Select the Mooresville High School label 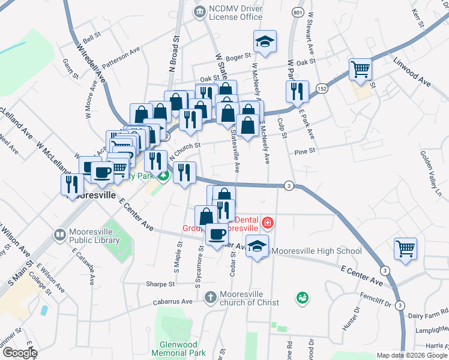[x=316, y=251]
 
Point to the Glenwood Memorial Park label [x=183, y=349]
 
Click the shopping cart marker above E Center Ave [x=406, y=249]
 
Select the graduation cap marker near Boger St [x=265, y=42]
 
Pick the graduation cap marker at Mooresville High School [x=258, y=247]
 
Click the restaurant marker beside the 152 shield [x=298, y=92]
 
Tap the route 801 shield [x=298, y=12]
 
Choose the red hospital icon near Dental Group [x=267, y=224]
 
